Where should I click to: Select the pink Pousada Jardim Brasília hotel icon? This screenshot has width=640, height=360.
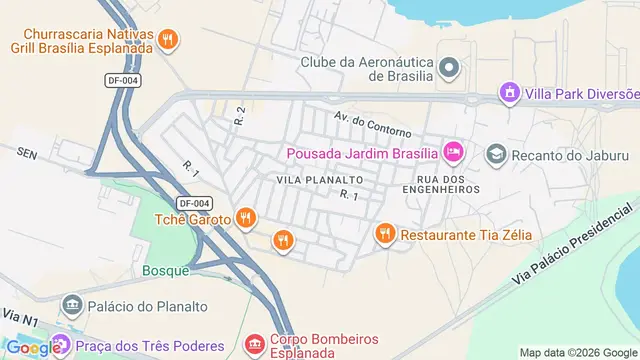coord(453,153)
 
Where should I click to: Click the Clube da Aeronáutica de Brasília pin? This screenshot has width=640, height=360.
coord(449,68)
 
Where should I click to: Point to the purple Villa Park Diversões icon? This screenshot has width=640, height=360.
coord(511,93)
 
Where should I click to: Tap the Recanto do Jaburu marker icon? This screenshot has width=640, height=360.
coord(496,155)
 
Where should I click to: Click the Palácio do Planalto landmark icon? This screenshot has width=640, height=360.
coord(71,304)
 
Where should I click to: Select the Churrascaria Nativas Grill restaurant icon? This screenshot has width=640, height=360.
coord(170,39)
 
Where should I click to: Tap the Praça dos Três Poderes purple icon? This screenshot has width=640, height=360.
coord(62,346)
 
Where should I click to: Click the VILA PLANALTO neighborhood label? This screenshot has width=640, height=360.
coord(320,178)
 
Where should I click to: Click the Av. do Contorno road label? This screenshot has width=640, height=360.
coord(373,122)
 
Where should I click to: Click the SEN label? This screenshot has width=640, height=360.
coord(26,152)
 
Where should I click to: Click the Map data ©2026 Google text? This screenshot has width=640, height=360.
coord(576,352)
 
